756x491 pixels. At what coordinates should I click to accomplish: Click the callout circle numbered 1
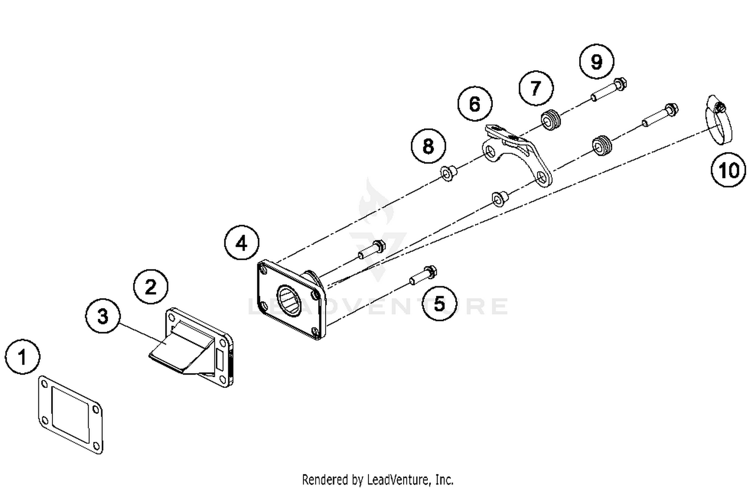coord(22,357)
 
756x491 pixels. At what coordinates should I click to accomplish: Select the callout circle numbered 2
coord(151,287)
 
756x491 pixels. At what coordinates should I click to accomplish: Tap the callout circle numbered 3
coord(103,316)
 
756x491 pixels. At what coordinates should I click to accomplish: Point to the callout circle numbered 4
coord(242,243)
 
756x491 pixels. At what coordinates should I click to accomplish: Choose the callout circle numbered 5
coord(439,304)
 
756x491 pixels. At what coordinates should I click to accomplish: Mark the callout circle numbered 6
coord(475,104)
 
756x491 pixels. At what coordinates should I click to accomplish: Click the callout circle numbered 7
coord(536,88)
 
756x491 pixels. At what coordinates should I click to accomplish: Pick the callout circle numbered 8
coord(428,147)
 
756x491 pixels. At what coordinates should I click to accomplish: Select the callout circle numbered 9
coord(597,61)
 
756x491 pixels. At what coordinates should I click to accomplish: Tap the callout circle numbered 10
coord(728,170)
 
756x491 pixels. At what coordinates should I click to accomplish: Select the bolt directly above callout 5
coord(423,275)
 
